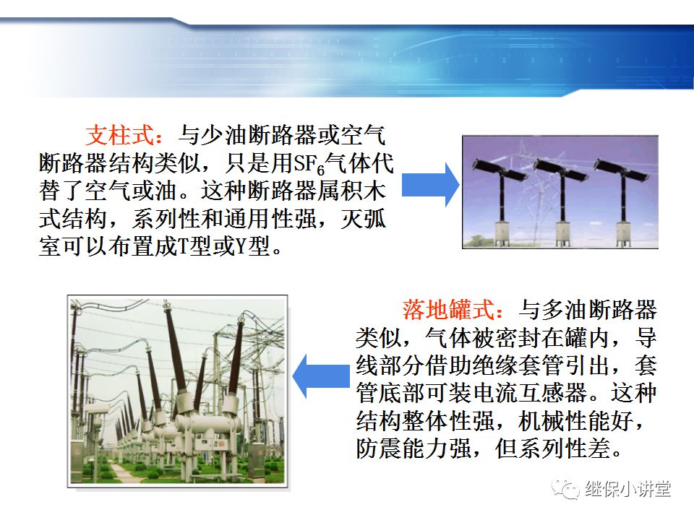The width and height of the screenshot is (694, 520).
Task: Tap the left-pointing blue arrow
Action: (x=324, y=376)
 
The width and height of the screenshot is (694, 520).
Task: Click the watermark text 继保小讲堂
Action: (x=627, y=489)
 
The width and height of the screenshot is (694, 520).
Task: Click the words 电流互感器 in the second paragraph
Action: (x=531, y=392)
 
